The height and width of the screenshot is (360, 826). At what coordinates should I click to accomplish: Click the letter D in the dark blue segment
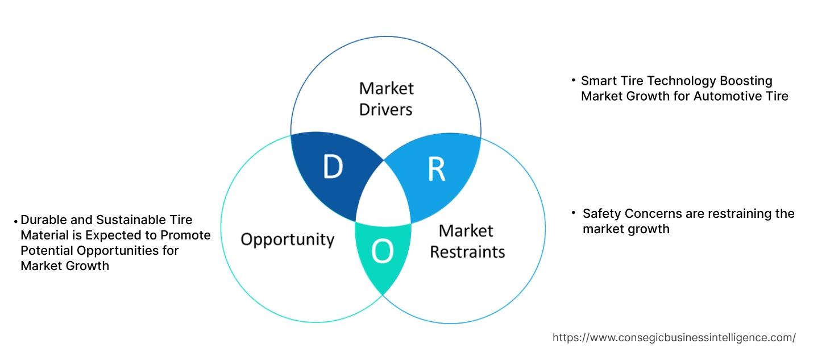[333, 167]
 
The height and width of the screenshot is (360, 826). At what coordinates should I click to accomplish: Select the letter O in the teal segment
[383, 253]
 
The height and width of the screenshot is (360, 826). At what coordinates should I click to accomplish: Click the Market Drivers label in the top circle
[387, 98]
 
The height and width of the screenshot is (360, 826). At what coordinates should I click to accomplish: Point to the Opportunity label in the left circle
[288, 239]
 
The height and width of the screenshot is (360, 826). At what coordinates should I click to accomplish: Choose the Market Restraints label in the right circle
[467, 241]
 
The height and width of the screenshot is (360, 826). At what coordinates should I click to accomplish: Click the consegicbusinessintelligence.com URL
[674, 337]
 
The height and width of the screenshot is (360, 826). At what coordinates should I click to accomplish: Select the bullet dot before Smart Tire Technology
[573, 81]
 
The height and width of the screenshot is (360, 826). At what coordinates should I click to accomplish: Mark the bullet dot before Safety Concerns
[574, 213]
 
